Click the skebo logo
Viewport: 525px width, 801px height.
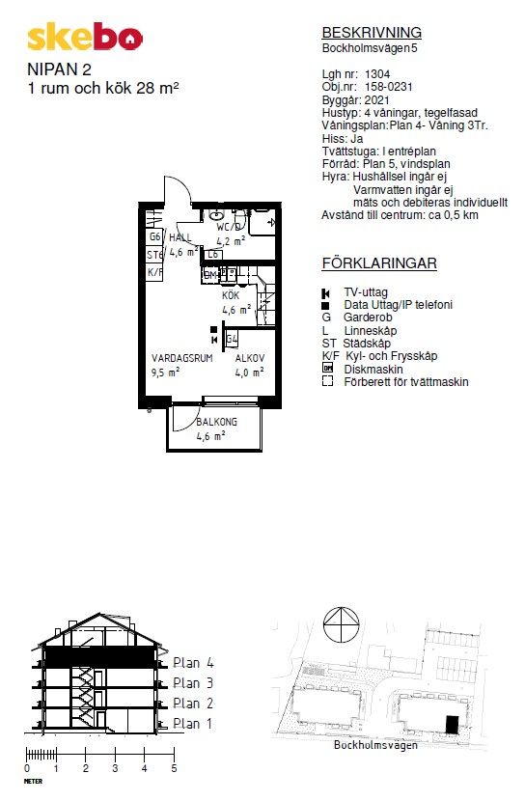[85, 38]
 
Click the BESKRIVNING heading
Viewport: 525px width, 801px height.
[372, 33]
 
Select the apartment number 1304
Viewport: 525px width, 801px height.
[377, 74]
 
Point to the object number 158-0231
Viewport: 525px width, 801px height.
[388, 87]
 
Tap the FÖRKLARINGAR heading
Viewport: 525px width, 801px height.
[379, 263]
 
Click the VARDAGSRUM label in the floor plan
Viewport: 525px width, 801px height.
[181, 359]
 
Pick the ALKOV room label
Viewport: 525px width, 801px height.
[250, 359]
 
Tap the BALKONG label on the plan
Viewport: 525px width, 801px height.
[217, 422]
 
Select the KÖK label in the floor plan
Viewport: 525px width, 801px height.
[231, 295]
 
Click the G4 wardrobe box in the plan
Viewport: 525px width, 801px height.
[232, 339]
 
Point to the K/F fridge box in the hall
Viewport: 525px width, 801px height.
[154, 272]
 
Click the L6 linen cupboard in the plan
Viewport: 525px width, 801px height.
[213, 254]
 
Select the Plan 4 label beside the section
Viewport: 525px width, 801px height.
[193, 663]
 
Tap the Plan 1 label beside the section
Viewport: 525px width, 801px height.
[193, 724]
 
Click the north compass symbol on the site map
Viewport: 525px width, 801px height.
[341, 624]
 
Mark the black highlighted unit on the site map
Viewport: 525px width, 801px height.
[452, 725]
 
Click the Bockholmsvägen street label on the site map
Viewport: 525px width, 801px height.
[375, 745]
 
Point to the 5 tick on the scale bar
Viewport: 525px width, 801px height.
[174, 753]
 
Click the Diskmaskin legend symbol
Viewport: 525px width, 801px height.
[327, 368]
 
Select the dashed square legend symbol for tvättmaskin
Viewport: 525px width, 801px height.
[327, 381]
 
